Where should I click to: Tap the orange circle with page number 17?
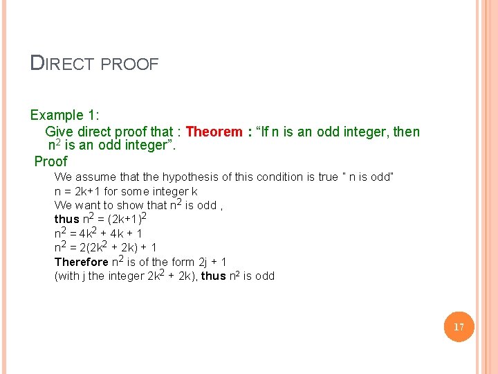coord(459,327)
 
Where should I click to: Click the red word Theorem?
coord(214,132)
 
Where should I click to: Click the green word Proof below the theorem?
coord(51,161)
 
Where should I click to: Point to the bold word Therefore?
coord(81,262)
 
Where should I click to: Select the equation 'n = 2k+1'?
coord(77,191)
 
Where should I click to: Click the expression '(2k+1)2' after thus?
coord(125,219)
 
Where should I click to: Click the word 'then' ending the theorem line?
coord(406,132)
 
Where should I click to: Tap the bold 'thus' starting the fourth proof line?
coord(66,220)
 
